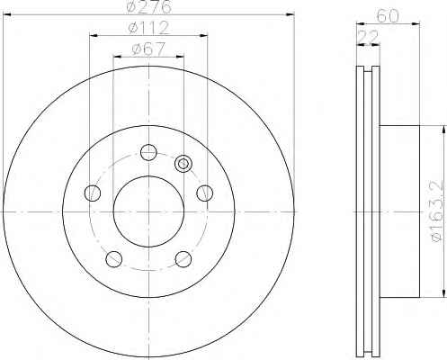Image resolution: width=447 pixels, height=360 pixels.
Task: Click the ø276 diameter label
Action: [149, 6]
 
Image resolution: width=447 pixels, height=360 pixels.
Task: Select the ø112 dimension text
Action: [148, 28]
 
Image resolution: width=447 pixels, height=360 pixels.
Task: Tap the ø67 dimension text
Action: [148, 49]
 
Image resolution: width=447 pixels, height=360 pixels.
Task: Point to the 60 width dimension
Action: [388, 15]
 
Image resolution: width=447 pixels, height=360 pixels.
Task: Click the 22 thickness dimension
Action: [368, 38]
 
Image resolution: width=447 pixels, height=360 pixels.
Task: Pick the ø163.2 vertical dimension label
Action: [436, 211]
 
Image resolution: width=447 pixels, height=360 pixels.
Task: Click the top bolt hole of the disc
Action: [148, 152]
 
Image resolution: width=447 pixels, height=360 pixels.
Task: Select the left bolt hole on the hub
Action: [93, 193]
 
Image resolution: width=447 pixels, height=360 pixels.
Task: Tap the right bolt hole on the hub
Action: [205, 193]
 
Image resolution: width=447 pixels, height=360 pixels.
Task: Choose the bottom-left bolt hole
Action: [114, 259]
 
